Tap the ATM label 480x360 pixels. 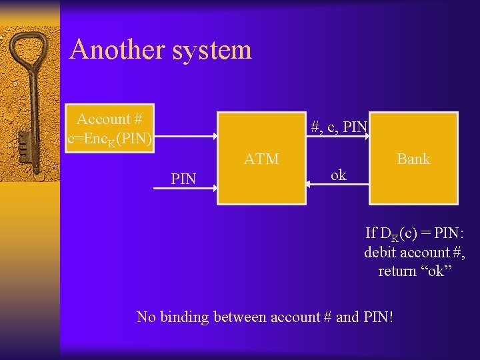tap(261, 159)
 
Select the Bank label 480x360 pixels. tap(413, 159)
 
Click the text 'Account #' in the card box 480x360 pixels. tap(109, 119)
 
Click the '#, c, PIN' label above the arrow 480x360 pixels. tap(339, 126)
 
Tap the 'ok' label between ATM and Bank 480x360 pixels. tap(339, 175)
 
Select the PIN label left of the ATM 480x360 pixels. tap(183, 179)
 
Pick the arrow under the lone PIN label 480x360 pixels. tap(185, 189)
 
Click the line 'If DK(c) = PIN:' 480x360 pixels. tap(414, 233)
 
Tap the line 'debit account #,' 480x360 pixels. tap(414, 252)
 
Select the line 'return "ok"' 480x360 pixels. tap(415, 271)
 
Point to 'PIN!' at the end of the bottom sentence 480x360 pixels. tap(378, 317)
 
